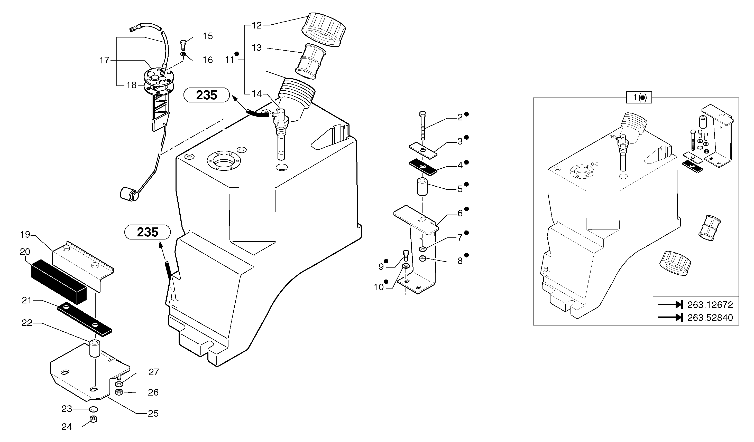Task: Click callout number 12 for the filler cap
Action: pos(257,25)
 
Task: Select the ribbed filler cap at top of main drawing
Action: pos(324,29)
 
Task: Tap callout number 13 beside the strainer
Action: pos(257,48)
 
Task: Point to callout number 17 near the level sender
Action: pos(104,60)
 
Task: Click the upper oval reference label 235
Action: pos(206,95)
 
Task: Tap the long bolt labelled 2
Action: pos(422,126)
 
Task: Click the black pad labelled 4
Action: pos(423,167)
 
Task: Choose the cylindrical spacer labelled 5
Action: pos(422,187)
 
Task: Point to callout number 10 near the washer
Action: pos(379,287)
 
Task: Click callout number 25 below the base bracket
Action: pos(153,414)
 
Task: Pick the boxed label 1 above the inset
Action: pos(639,98)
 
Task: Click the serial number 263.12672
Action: pos(710,305)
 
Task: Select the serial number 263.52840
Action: pos(710,318)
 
